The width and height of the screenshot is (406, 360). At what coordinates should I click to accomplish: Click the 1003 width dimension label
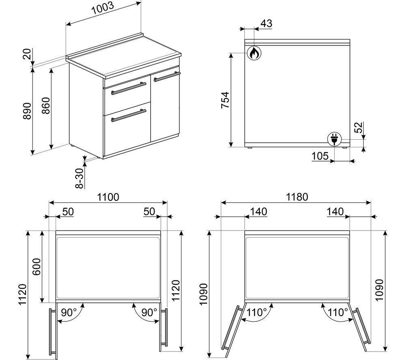click(x=103, y=9)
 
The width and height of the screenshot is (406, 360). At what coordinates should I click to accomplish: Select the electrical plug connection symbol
click(x=334, y=138)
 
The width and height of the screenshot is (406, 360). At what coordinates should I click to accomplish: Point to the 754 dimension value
click(x=225, y=100)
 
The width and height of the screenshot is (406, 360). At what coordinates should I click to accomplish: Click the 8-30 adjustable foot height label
click(x=80, y=178)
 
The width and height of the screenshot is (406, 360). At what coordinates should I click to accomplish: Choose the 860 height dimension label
click(x=46, y=106)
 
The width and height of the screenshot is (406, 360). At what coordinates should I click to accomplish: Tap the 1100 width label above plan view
click(x=108, y=197)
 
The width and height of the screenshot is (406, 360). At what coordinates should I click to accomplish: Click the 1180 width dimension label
click(x=297, y=197)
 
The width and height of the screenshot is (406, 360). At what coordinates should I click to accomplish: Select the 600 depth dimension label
click(x=36, y=267)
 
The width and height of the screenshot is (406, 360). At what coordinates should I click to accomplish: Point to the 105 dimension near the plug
click(x=320, y=156)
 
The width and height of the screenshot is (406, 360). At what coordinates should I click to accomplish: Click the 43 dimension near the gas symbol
click(x=266, y=24)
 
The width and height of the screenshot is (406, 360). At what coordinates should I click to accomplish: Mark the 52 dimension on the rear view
click(x=359, y=127)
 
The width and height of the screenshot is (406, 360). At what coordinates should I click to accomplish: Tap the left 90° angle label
click(x=68, y=313)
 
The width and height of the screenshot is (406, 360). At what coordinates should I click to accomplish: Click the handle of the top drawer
click(x=129, y=88)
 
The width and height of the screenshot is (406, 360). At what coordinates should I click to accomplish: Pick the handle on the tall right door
click(x=167, y=77)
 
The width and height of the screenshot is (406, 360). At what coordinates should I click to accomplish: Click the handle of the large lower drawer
click(x=129, y=115)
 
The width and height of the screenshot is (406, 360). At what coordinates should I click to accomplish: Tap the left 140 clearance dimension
click(x=258, y=212)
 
